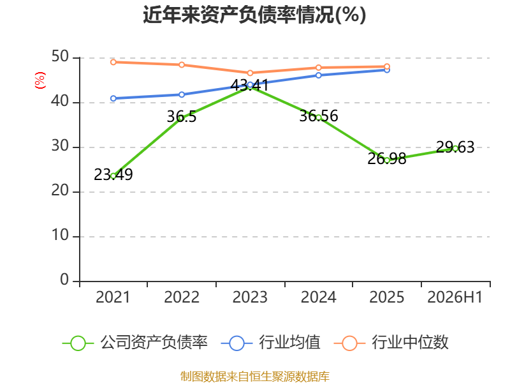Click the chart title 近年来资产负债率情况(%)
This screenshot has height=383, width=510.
pos(254,15)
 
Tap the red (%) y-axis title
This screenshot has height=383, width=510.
pos(40,80)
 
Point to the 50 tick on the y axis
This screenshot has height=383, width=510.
pos(60,57)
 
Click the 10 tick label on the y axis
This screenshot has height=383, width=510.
pos(60,235)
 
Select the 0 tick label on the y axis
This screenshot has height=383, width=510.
pos(64,280)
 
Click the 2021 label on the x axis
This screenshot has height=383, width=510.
pos(113,297)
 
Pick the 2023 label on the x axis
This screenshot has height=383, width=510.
pos(250,297)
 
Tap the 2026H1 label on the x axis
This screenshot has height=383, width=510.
pos(455,297)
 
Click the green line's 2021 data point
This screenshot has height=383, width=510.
pos(113,176)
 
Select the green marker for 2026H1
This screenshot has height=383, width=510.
pos(455,149)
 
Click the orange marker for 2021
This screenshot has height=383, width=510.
pos(113,62)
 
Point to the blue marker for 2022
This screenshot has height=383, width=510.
pos(182,94)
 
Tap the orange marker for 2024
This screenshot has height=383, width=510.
pos(319,68)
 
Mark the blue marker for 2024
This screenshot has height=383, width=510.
pos(319,75)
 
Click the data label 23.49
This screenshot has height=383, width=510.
pos(113,174)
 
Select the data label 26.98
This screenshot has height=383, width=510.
pos(387,158)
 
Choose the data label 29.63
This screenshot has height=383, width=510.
pos(455,147)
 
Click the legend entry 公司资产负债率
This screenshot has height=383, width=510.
pos(135,343)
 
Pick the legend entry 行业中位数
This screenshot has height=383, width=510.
pos(391,343)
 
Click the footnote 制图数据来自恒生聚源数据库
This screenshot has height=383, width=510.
pos(255,377)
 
